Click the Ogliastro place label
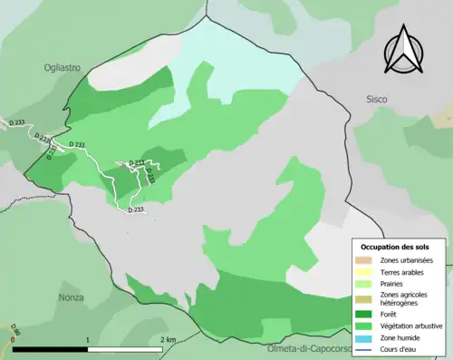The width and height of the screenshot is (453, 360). (x=62, y=66)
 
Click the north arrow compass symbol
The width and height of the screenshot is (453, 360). (x=406, y=52)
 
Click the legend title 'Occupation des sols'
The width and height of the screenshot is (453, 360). (x=401, y=246)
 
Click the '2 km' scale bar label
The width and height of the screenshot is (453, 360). (x=169, y=339)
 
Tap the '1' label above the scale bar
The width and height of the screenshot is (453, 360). (x=87, y=339)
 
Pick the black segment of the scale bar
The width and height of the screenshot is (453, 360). (x=50, y=348)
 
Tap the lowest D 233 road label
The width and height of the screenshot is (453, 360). (x=136, y=209)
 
